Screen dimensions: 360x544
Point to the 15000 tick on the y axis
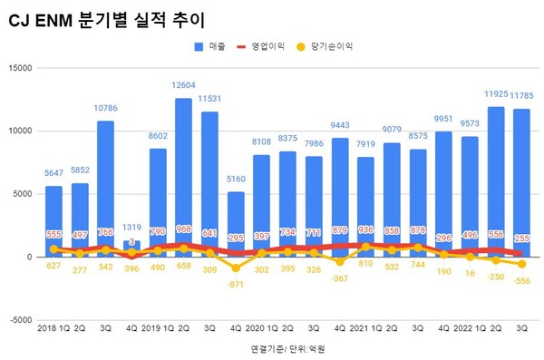click(19, 67)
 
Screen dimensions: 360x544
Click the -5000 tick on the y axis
click(19, 320)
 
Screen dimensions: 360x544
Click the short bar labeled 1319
click(131, 248)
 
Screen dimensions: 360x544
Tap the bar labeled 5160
click(236, 222)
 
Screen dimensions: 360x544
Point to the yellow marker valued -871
click(236, 268)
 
